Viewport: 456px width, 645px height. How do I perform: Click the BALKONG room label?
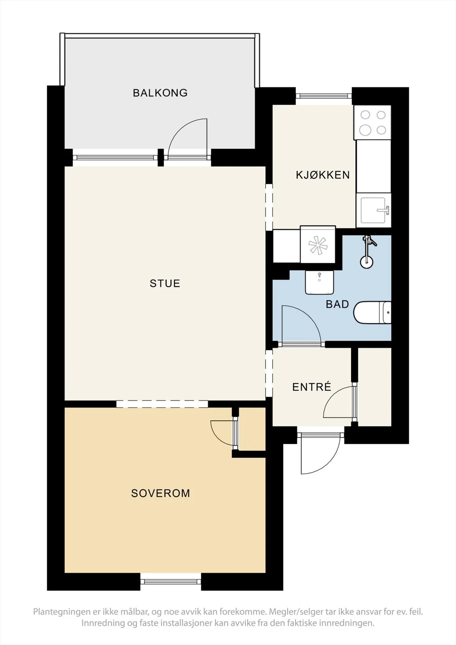pos(160,93)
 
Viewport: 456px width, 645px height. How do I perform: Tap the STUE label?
pos(165,283)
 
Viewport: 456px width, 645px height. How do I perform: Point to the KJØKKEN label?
pos(323,175)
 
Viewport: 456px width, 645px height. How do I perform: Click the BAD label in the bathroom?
pos(337,304)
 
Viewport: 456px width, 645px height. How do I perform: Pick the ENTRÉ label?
pos(311,387)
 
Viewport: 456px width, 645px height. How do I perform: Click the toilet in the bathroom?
pos(372,313)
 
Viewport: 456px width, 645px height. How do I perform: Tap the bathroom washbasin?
pos(319,282)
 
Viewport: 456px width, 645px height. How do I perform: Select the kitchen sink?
pos(374,210)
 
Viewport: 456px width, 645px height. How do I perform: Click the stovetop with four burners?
pos(373,123)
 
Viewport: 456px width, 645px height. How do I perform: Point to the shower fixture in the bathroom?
pos(368,251)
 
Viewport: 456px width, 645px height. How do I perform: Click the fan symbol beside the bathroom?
pos(318,245)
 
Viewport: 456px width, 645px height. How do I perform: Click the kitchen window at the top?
pos(324,96)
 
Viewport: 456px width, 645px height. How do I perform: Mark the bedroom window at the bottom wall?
pos(171,582)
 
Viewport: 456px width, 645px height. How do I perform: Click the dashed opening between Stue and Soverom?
pos(162,404)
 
